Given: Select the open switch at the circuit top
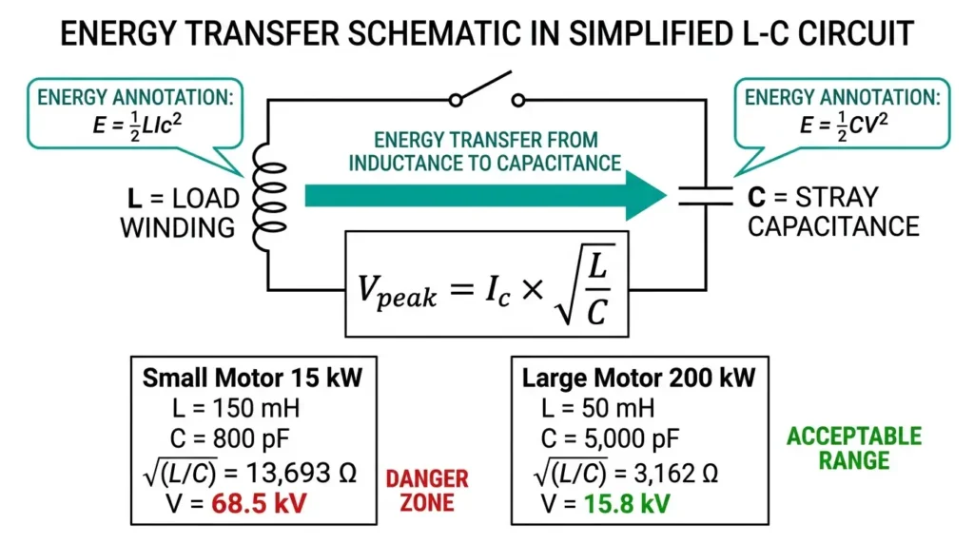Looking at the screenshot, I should (x=487, y=91).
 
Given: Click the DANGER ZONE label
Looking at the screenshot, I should (x=426, y=489).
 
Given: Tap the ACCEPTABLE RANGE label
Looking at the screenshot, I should (x=852, y=449).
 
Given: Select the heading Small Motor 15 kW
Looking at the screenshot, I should (x=253, y=379).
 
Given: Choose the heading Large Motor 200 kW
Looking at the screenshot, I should (x=638, y=379).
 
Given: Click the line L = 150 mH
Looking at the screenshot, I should (x=224, y=410).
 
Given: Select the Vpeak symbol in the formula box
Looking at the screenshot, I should (x=396, y=288).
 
